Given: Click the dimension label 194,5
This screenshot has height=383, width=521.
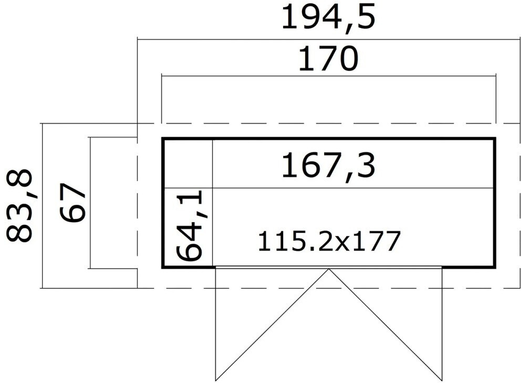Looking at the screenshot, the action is (328, 17).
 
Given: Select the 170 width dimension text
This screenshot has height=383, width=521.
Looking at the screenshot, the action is (328, 59).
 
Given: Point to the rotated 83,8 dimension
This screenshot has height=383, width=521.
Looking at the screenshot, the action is (20, 205).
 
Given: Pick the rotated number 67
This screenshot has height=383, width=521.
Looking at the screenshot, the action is (72, 203).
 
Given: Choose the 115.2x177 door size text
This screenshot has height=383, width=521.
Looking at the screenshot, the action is (329, 241).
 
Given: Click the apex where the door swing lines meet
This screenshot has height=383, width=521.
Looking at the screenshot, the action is (329, 270).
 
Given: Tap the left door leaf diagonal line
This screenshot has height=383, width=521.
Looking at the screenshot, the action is (272, 325).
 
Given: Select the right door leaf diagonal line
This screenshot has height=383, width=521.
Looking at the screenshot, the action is (385, 325).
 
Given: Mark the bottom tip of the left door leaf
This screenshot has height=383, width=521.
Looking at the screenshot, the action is (216, 380).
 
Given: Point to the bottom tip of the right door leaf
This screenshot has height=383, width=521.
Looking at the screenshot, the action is (442, 380).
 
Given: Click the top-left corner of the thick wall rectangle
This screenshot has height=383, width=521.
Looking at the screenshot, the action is (163, 139).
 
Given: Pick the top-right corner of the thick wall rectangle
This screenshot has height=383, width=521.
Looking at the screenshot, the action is (495, 139).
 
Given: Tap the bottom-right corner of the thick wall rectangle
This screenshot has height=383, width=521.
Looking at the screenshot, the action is (495, 267).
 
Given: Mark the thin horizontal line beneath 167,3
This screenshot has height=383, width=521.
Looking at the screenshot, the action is (352, 188).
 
